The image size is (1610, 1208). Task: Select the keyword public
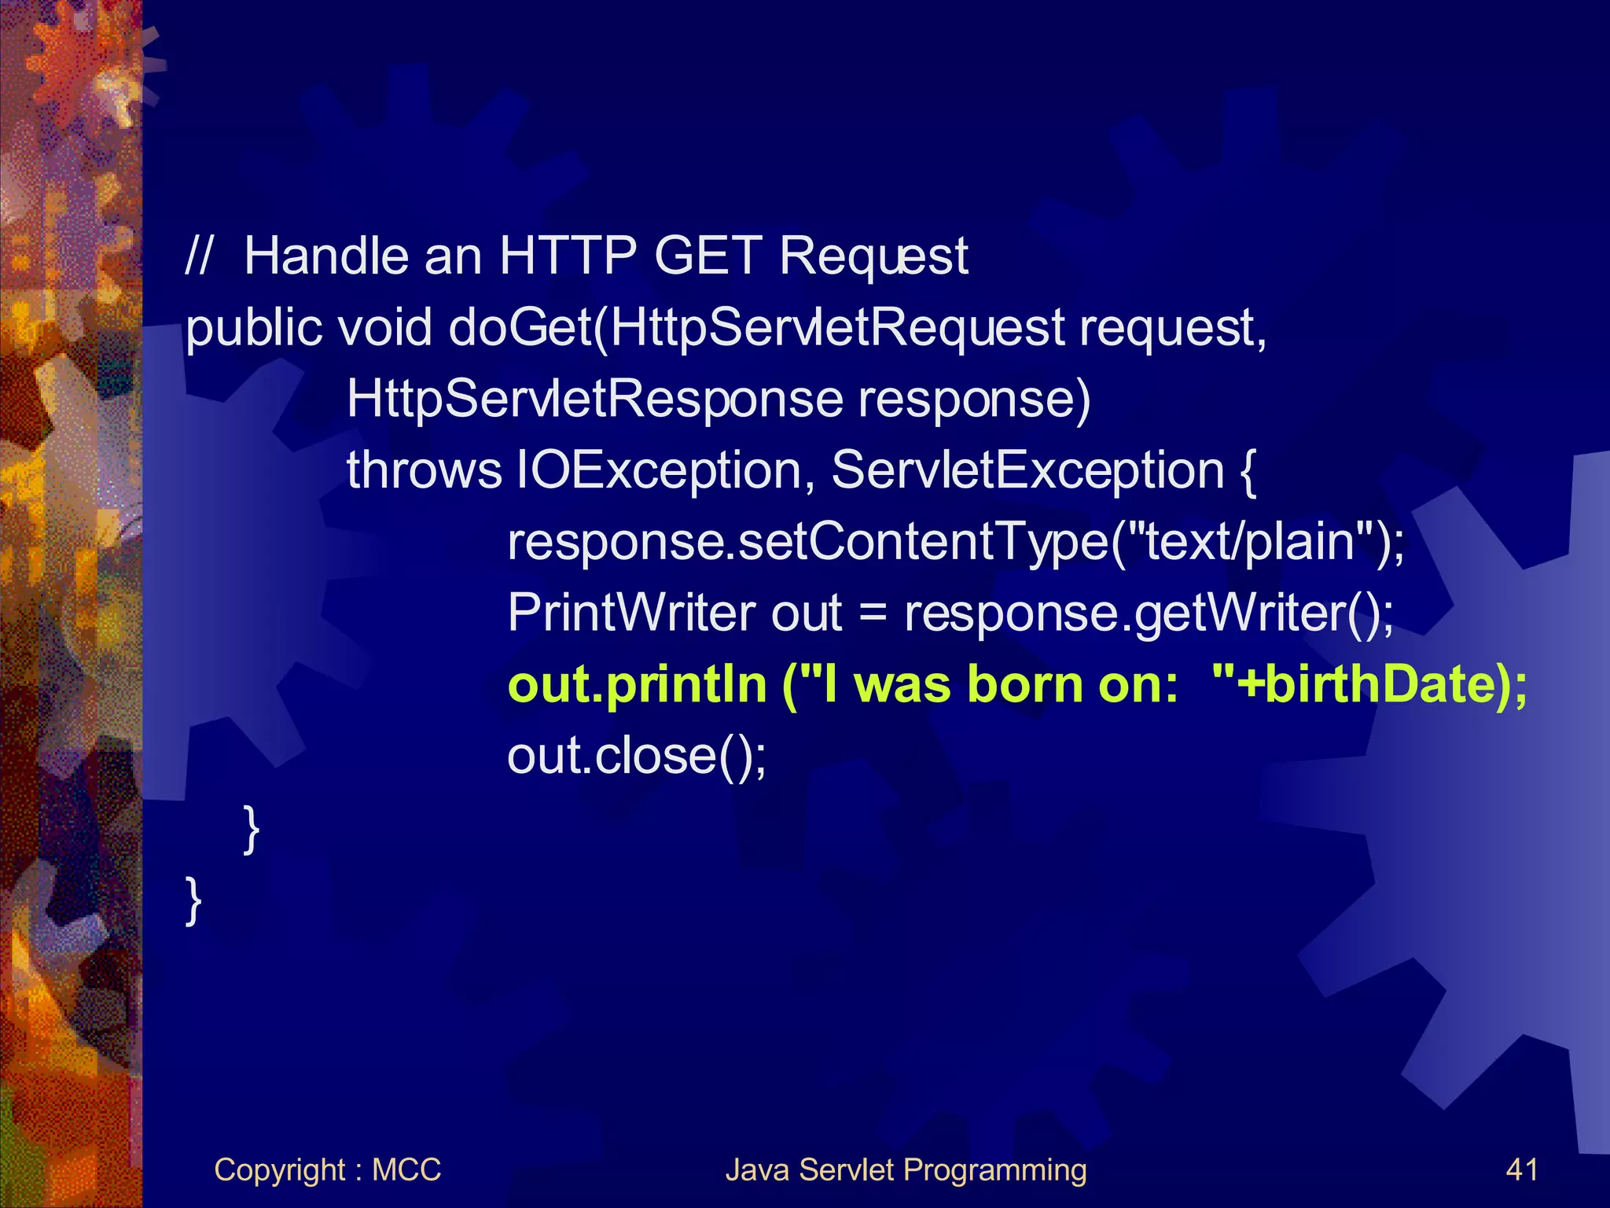point(253,328)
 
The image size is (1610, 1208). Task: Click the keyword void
point(384,328)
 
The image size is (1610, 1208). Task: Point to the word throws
point(424,470)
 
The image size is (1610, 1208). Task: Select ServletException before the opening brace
point(1027,470)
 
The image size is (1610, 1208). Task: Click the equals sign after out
point(873,614)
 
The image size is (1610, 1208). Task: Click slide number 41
point(1521,1169)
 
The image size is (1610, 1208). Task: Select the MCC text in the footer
point(406,1169)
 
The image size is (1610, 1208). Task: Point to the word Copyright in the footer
point(280,1171)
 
